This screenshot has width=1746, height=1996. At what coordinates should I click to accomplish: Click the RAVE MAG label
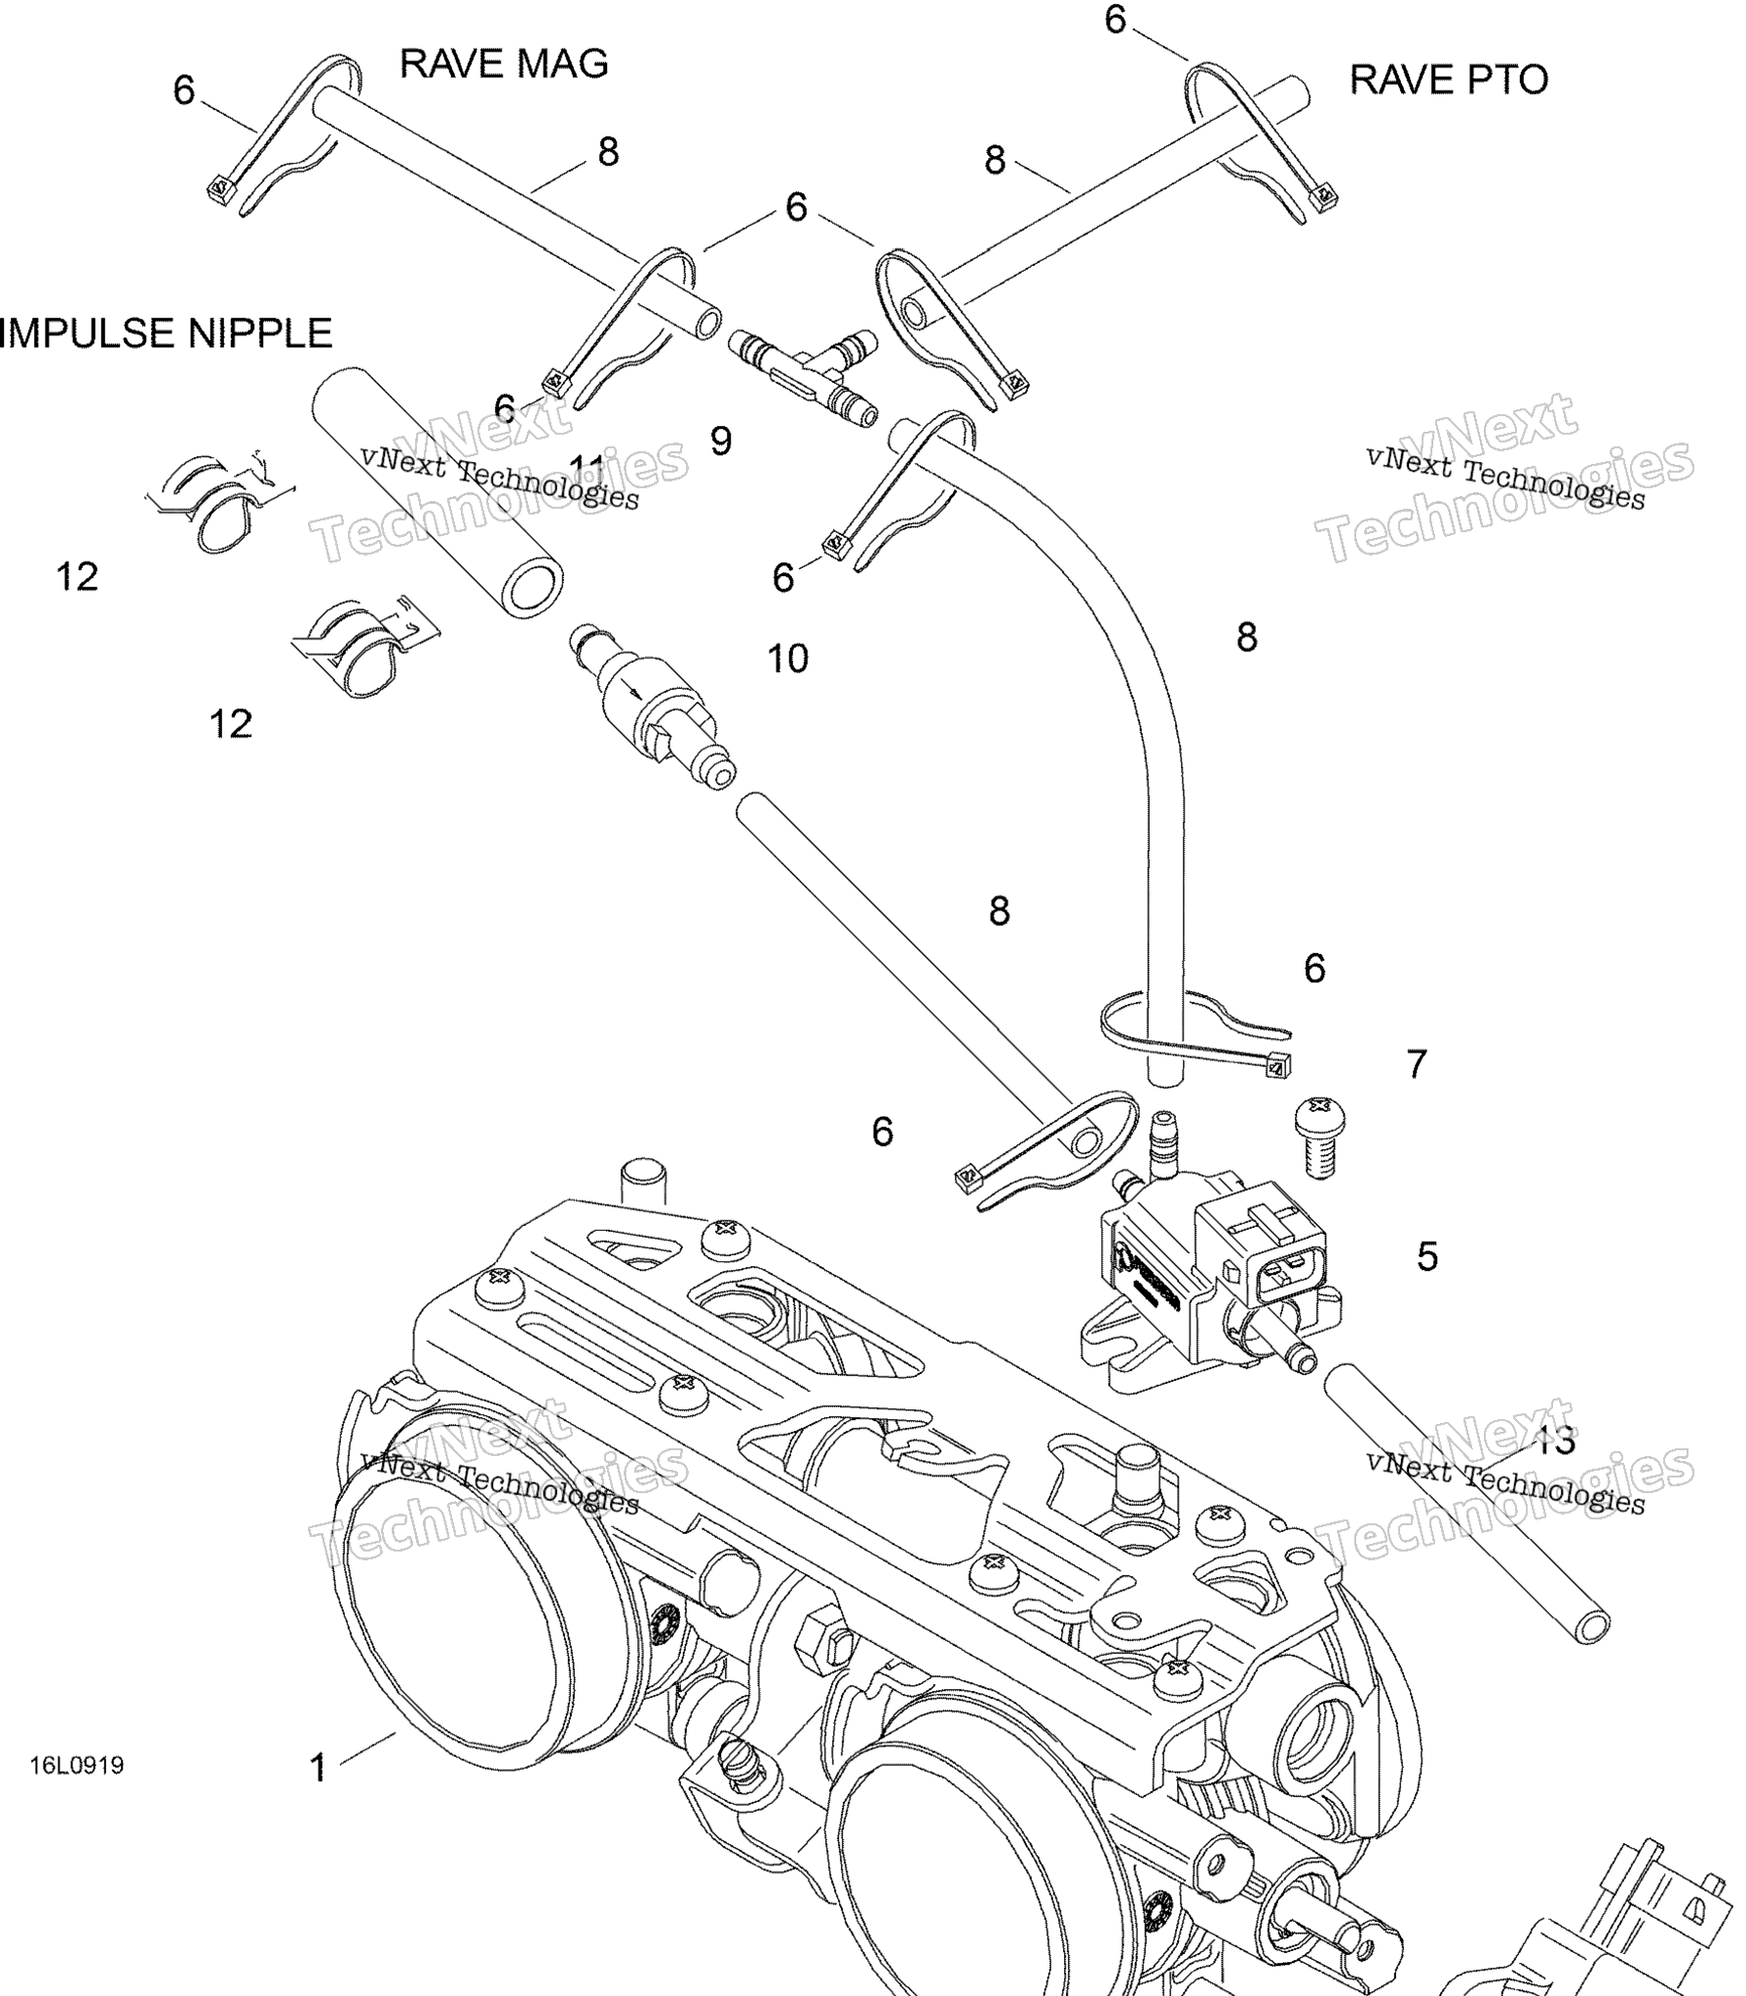(504, 64)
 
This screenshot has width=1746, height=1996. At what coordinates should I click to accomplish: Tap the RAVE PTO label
(1448, 80)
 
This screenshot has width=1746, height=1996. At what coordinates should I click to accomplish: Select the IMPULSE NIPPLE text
(166, 333)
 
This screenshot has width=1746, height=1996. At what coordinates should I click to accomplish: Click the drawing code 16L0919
(77, 1765)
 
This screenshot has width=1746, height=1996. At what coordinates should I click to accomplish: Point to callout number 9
(721, 441)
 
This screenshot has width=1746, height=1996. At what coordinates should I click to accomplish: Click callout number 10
(787, 660)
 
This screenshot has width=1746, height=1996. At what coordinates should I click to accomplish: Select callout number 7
(1417, 1064)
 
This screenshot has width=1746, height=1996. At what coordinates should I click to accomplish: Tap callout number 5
(1427, 1257)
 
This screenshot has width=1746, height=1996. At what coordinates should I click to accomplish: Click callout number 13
(1555, 1440)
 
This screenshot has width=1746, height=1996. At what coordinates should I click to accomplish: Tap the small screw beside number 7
(1319, 1134)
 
